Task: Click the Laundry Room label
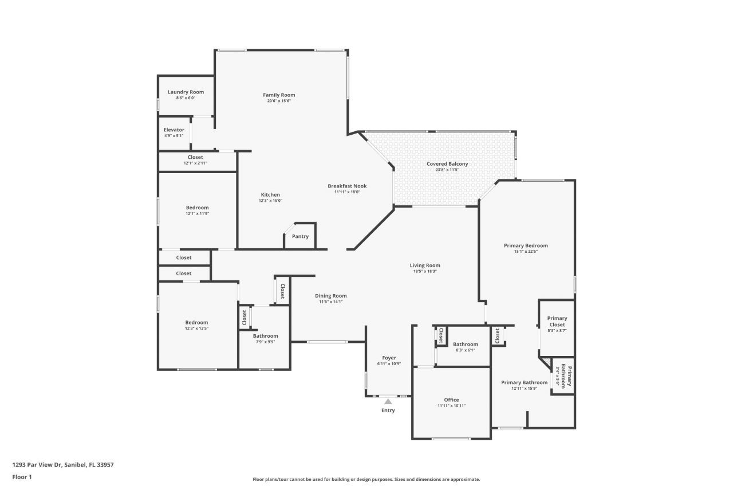coord(186,92)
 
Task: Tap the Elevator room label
coord(174,130)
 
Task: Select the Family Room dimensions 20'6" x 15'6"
coord(279,101)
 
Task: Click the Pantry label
coord(300,236)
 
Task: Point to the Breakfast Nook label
coord(347,186)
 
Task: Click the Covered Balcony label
coord(447,164)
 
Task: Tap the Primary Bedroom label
coord(525,245)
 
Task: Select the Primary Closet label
coord(557,321)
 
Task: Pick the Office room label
coord(451,400)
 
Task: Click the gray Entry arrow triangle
coord(388,401)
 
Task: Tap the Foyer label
coord(389,358)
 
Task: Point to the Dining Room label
coord(330,296)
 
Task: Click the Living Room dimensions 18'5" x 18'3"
coord(425,271)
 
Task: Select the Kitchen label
coord(270,195)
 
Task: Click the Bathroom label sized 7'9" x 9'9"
coord(265,336)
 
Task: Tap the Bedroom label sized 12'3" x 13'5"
coord(196,322)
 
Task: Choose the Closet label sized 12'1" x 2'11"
coord(195,157)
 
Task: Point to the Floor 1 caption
coord(22,476)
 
